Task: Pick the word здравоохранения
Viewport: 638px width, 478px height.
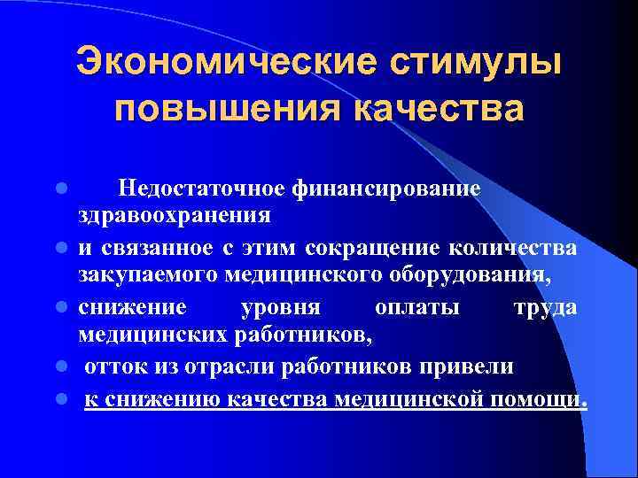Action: (175, 214)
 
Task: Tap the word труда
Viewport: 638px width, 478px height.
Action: (544, 306)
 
